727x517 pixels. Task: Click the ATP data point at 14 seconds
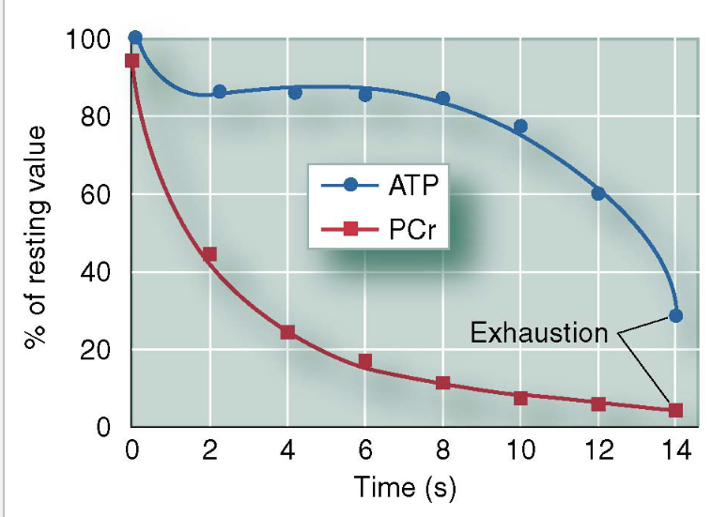pyautogui.click(x=675, y=315)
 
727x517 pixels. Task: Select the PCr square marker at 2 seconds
pyautogui.click(x=209, y=254)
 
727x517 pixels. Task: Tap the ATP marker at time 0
pyautogui.click(x=135, y=38)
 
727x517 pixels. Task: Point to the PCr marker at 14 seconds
pyautogui.click(x=675, y=410)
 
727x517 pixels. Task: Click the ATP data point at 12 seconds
pyautogui.click(x=598, y=193)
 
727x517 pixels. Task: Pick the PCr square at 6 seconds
pyautogui.click(x=365, y=361)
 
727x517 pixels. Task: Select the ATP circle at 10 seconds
pyautogui.click(x=520, y=126)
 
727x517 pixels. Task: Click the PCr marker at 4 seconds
pyautogui.click(x=287, y=332)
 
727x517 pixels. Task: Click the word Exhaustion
pyautogui.click(x=538, y=333)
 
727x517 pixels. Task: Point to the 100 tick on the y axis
pyautogui.click(x=90, y=39)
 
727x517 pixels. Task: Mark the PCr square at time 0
pyautogui.click(x=131, y=61)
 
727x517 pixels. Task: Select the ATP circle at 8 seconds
pyautogui.click(x=442, y=98)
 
